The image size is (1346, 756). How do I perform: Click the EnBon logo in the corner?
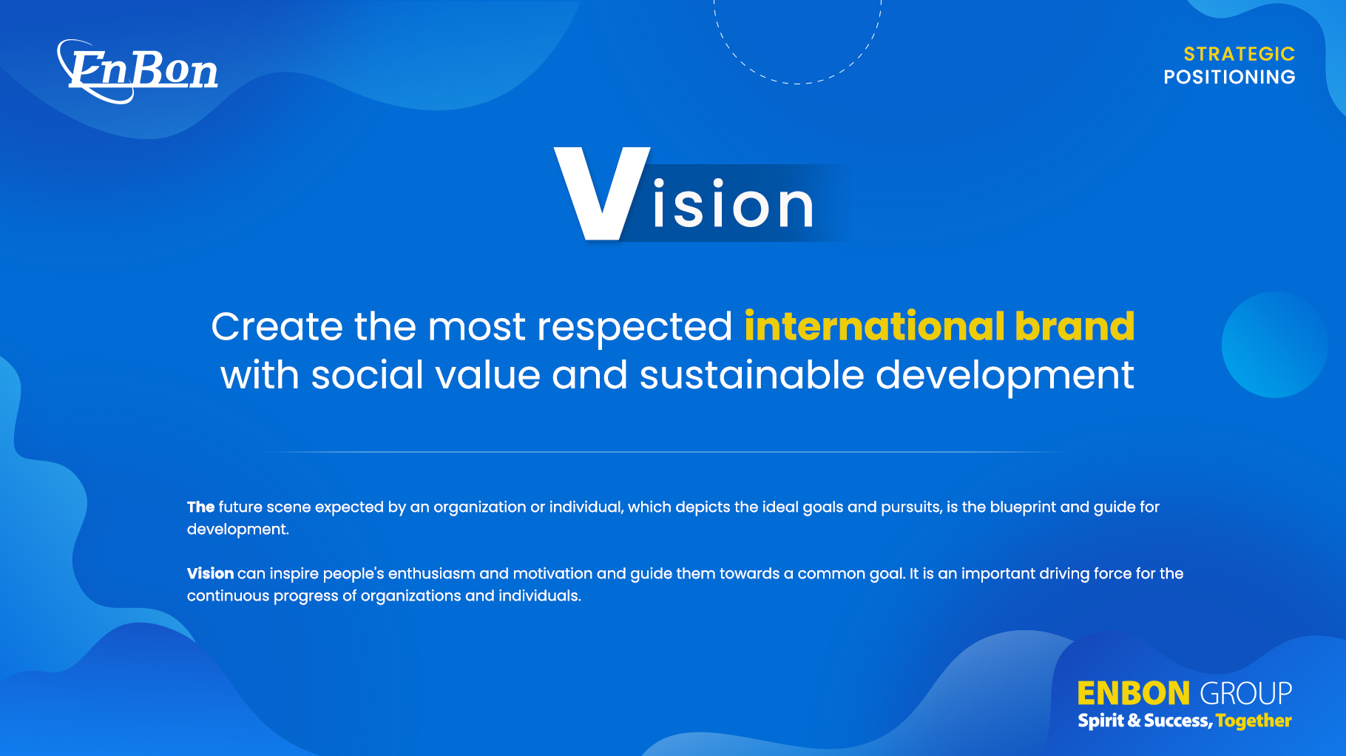[x=138, y=71]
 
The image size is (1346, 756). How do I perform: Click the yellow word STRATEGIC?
[x=1240, y=54]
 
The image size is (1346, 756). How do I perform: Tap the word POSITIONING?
[x=1229, y=77]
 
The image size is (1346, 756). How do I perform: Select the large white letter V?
[x=602, y=193]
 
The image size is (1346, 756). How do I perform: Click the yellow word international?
[x=874, y=326]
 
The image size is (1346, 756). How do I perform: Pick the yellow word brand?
[x=1075, y=326]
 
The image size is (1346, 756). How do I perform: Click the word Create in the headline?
[x=277, y=326]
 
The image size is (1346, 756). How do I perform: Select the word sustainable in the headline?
[x=751, y=375]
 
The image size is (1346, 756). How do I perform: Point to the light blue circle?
[x=1274, y=345]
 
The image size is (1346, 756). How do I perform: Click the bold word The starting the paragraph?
[x=200, y=507]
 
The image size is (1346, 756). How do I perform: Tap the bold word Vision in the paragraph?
[x=210, y=573]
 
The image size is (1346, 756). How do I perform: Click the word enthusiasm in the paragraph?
[x=431, y=573]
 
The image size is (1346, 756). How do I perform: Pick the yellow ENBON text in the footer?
[x=1133, y=694]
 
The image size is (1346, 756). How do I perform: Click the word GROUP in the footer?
[x=1245, y=694]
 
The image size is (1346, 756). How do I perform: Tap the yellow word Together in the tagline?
[x=1254, y=721]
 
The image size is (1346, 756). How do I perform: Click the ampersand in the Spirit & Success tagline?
[x=1134, y=720]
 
